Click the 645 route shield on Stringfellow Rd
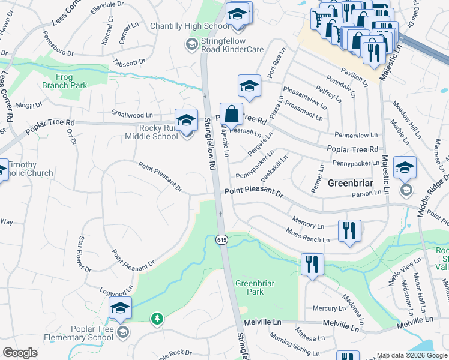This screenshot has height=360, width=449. click(221, 239)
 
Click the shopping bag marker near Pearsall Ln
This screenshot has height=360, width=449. click(231, 114)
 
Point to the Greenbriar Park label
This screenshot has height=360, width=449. click(250, 287)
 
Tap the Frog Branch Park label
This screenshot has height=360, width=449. click(64, 81)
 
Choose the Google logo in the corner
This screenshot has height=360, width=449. click(20, 352)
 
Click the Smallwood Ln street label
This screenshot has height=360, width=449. click(133, 114)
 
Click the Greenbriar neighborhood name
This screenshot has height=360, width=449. click(352, 183)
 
